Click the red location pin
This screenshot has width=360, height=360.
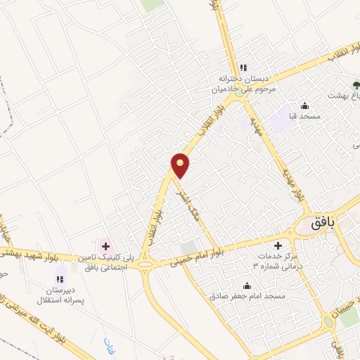point(181,165)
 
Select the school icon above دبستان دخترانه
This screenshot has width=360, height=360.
point(243,68)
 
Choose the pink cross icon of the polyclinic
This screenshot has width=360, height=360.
point(105,246)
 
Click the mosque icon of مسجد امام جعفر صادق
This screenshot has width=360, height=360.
point(246,285)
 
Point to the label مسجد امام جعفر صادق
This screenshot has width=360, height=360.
point(247,297)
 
